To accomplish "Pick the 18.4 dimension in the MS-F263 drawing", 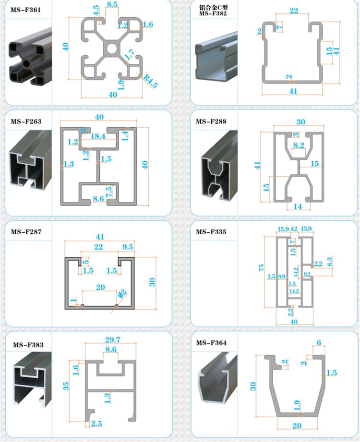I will (x=98, y=136).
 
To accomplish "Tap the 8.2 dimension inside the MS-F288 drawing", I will (x=299, y=144).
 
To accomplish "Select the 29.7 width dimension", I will (x=112, y=340).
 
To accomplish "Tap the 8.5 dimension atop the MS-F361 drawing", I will (x=112, y=4).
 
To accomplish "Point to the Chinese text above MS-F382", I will (x=213, y=7).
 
